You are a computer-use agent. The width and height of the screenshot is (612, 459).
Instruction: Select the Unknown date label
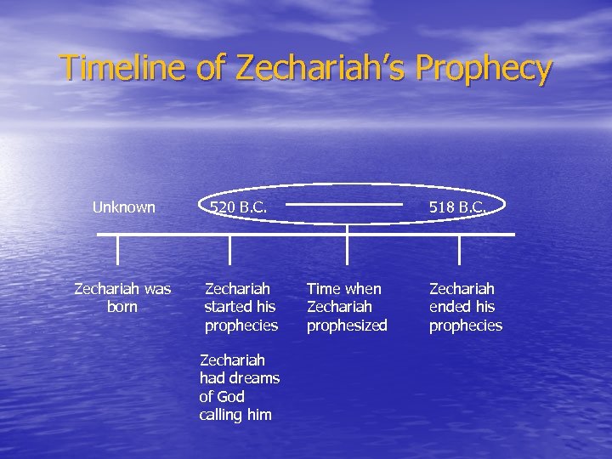(x=123, y=207)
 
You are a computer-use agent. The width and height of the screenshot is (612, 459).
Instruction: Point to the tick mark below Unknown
(x=118, y=250)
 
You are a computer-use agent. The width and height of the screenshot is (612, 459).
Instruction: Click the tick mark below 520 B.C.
(x=230, y=250)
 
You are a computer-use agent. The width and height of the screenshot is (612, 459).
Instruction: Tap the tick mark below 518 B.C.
(x=460, y=250)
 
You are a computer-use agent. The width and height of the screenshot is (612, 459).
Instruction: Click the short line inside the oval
(x=343, y=204)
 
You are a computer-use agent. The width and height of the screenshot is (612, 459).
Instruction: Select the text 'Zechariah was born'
(x=122, y=297)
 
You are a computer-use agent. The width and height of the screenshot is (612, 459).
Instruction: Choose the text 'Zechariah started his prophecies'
(x=241, y=307)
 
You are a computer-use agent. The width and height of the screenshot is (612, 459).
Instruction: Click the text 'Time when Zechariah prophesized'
(x=346, y=307)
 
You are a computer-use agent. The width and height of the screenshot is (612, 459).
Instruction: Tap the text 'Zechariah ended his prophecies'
(x=465, y=307)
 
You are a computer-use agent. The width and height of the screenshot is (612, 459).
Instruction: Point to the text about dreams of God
(x=239, y=388)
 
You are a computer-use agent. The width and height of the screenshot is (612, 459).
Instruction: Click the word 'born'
(x=122, y=307)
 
